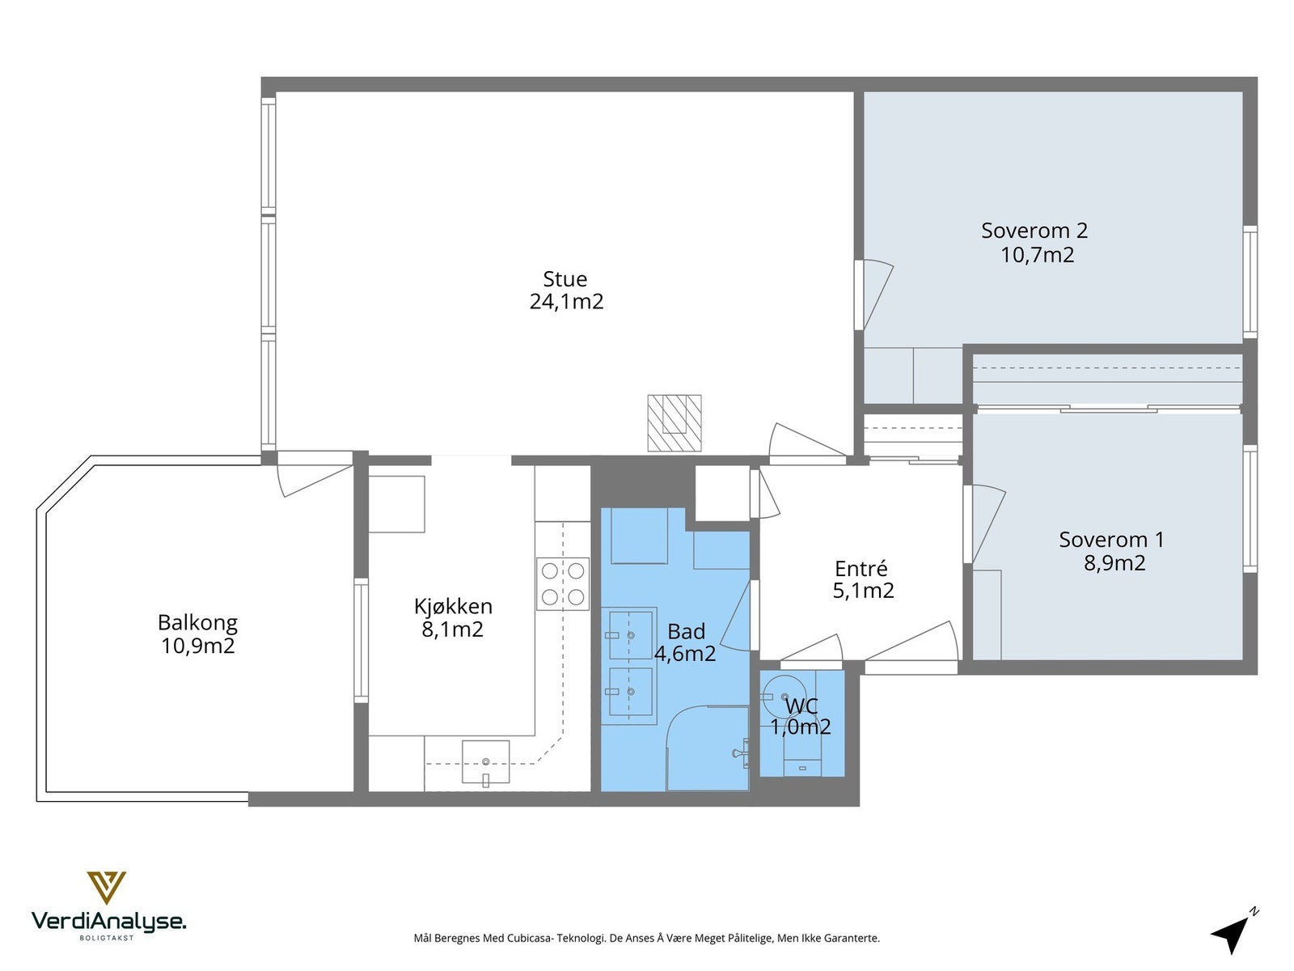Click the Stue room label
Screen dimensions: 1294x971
click(565, 279)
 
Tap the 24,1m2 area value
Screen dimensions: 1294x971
click(566, 302)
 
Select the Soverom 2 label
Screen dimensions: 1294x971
click(1034, 231)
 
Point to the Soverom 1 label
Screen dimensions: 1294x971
click(1111, 540)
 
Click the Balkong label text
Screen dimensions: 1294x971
click(197, 623)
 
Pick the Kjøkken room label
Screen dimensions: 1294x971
click(453, 606)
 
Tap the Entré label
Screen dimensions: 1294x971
click(861, 568)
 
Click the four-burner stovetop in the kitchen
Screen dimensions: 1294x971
click(562, 583)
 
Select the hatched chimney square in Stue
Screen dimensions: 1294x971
click(674, 422)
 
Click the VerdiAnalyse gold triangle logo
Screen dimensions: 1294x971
click(107, 888)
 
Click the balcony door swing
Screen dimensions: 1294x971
click(315, 474)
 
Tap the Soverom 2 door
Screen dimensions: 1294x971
click(873, 295)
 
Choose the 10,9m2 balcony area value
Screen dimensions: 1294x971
click(198, 647)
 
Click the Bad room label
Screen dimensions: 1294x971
click(686, 632)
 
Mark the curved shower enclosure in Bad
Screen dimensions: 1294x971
click(708, 748)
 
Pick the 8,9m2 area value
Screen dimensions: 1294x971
click(1114, 563)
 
